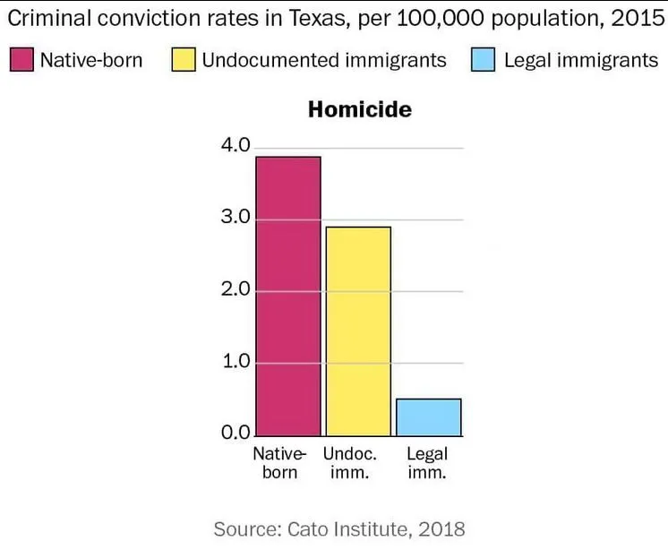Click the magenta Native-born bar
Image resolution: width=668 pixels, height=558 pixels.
tap(287, 296)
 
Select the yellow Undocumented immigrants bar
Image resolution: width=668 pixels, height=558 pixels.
tap(358, 331)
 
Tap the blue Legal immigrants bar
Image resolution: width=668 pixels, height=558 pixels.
tap(429, 417)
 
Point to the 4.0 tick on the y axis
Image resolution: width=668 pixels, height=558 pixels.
tap(235, 146)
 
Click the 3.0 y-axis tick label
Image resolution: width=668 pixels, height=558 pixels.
tap(235, 219)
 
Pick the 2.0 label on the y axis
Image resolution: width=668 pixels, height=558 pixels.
tap(235, 290)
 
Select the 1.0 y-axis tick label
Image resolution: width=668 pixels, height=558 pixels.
tap(235, 363)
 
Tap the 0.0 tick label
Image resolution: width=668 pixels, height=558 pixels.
tap(235, 434)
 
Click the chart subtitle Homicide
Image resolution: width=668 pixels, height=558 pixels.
tap(359, 109)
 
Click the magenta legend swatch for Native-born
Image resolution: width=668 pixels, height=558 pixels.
tap(21, 60)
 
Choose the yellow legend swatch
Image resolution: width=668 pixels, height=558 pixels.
tap(184, 60)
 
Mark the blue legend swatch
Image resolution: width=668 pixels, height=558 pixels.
tap(484, 60)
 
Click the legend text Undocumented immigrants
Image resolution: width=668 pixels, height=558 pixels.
tap(324, 60)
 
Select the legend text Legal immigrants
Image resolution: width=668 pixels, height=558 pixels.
tap(581, 60)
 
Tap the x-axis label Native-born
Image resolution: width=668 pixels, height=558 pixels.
tap(279, 462)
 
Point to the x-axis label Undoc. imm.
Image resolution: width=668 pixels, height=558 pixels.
tap(350, 462)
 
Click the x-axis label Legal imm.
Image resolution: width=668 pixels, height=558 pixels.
tap(427, 462)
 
